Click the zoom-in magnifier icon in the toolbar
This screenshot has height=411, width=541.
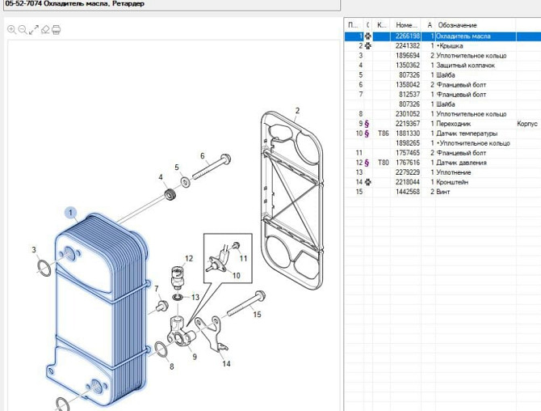pyautogui.click(x=11, y=30)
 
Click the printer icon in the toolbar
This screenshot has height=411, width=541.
pyautogui.click(x=57, y=30)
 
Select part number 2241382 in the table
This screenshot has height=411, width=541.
pyautogui.click(x=408, y=45)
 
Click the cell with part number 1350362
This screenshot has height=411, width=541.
pyautogui.click(x=408, y=65)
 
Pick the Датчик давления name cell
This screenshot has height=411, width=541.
pyautogui.click(x=461, y=163)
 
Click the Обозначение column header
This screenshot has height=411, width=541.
pyautogui.click(x=457, y=25)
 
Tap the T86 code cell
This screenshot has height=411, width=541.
pyautogui.click(x=383, y=133)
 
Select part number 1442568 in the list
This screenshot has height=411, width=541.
pyautogui.click(x=408, y=192)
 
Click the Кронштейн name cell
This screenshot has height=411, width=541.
pyautogui.click(x=452, y=182)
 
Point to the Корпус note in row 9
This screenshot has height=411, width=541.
pyautogui.click(x=527, y=124)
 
